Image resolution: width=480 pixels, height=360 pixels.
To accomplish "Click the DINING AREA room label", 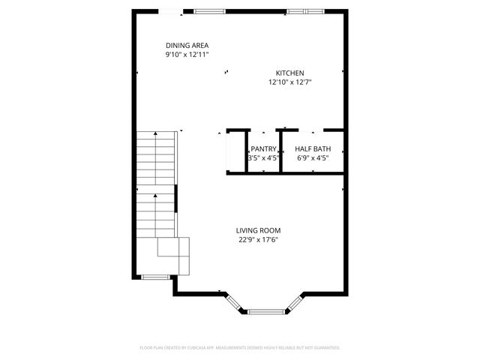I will (x=187, y=45).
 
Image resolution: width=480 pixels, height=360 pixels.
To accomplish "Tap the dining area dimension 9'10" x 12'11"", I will (x=187, y=55).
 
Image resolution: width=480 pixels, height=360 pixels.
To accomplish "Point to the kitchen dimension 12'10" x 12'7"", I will (x=290, y=82).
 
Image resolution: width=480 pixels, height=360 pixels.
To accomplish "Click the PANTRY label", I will (x=263, y=149).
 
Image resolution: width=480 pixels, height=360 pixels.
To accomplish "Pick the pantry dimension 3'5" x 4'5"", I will (x=263, y=158).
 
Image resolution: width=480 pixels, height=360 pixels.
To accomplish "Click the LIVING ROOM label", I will (x=258, y=230).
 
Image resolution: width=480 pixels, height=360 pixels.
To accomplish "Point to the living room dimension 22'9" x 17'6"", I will (x=259, y=240).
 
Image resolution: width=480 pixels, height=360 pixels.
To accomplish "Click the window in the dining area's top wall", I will (x=209, y=11).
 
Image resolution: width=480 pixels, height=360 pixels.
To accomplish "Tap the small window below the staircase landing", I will (x=154, y=277).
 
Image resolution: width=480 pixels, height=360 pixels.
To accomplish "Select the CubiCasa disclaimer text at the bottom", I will (x=240, y=348).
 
